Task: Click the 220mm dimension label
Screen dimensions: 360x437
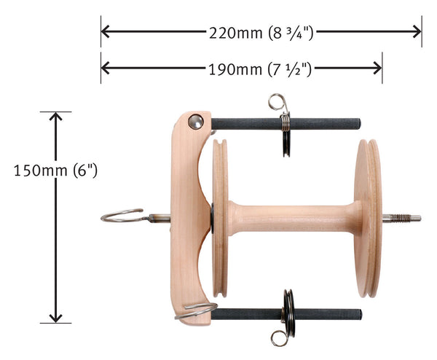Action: pos(261,31)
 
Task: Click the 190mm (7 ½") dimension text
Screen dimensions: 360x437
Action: pos(261,68)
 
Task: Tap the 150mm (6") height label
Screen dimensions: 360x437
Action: pos(55,171)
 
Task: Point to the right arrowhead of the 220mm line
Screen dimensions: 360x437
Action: pos(416,31)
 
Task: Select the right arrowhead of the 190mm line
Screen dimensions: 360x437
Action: pos(377,68)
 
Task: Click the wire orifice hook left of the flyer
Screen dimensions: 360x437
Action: pos(122,215)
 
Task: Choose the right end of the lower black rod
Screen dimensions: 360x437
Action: pos(358,314)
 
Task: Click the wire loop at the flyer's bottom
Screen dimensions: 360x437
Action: pos(196,310)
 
